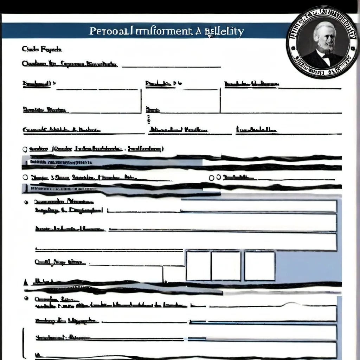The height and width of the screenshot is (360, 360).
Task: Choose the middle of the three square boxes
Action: click(x=226, y=266)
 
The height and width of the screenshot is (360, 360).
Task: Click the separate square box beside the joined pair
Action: click(x=260, y=266)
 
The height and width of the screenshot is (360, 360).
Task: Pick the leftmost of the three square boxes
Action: click(x=198, y=266)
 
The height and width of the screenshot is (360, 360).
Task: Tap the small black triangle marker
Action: click(x=25, y=282)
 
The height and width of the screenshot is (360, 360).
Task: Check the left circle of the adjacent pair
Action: click(x=212, y=178)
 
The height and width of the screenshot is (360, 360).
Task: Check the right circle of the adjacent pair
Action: click(x=219, y=177)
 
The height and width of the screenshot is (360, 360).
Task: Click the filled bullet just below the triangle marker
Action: click(x=26, y=298)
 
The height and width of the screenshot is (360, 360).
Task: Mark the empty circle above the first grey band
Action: click(x=25, y=149)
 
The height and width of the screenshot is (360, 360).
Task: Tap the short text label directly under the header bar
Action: click(x=42, y=49)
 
